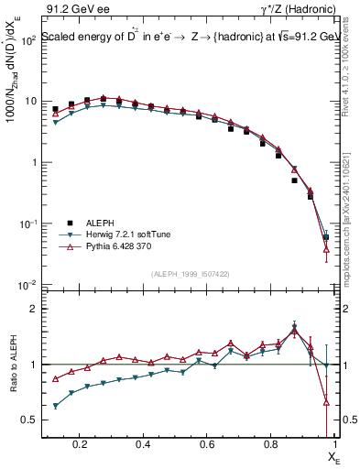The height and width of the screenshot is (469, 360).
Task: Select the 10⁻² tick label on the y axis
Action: pos(27,285)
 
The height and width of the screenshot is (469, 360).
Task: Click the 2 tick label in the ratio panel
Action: pos(34,309)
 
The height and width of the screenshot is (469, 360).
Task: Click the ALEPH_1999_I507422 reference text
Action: pos(189,274)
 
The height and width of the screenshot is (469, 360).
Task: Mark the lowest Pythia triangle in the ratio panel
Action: pos(327,401)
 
